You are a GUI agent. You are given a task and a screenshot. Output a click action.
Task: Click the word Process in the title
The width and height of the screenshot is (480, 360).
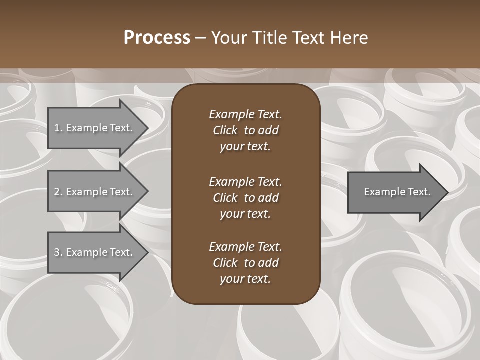tap(157, 38)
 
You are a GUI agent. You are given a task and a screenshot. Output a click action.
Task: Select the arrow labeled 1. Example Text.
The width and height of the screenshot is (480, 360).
tap(95, 128)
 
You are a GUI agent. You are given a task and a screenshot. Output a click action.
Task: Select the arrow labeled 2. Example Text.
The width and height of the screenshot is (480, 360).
tap(95, 192)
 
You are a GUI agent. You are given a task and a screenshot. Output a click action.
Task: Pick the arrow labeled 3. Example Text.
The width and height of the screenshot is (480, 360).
tap(95, 253)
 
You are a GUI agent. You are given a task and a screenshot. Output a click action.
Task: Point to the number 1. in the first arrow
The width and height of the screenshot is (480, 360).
tap(58, 128)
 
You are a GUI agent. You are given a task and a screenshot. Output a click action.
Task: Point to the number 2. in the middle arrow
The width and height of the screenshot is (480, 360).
tap(58, 192)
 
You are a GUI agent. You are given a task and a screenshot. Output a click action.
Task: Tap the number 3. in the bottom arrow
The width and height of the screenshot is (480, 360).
tap(58, 253)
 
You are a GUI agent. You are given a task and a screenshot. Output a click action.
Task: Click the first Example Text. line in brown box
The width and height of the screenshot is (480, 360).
tap(245, 114)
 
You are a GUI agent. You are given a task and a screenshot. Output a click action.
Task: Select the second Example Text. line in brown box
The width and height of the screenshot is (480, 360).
tap(245, 182)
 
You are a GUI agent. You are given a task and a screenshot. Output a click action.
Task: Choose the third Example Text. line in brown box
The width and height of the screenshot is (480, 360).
tap(245, 247)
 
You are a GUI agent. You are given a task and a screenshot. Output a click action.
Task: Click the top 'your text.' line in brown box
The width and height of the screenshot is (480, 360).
tap(245, 147)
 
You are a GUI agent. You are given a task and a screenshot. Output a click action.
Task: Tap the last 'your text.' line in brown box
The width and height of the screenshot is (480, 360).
tap(245, 279)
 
